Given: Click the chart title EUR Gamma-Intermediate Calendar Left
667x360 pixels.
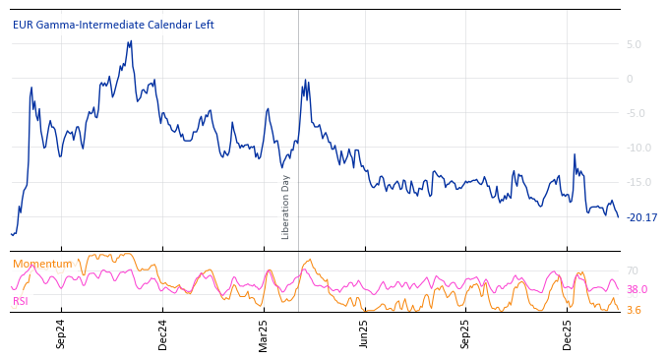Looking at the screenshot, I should click(x=113, y=26).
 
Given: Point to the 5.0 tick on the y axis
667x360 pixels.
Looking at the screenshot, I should click(x=634, y=44).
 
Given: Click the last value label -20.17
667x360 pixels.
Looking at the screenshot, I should click(x=642, y=217).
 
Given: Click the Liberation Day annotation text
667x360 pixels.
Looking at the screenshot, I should click(x=286, y=207).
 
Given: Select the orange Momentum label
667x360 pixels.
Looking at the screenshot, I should click(x=42, y=264).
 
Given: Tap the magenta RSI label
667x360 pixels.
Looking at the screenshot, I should click(x=21, y=301).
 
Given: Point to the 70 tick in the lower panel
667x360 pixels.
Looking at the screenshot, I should click(x=633, y=270).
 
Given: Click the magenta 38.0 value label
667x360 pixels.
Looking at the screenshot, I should click(x=637, y=290).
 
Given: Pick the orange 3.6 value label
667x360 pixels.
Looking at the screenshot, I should click(x=635, y=311).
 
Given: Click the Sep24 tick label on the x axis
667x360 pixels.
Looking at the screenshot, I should click(x=61, y=333).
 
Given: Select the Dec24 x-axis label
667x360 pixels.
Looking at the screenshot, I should click(x=163, y=333).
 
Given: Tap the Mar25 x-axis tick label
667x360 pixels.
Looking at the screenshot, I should click(x=264, y=333).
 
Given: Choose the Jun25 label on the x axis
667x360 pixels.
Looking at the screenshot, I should click(x=364, y=333).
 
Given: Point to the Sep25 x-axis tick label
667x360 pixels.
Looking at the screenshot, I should click(x=465, y=333).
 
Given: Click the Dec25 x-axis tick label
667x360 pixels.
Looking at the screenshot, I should click(x=568, y=333).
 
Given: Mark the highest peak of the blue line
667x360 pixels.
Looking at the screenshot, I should click(x=131, y=41).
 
